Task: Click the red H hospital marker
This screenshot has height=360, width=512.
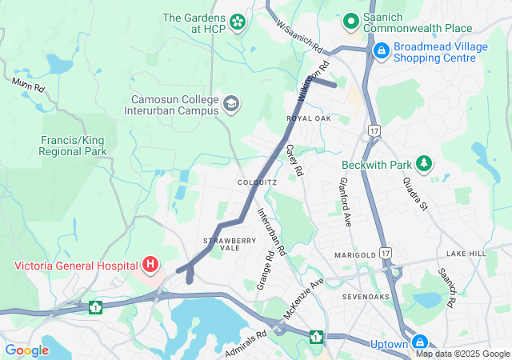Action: pyautogui.click(x=150, y=264)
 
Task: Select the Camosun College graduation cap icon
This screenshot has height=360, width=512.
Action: pyautogui.click(x=231, y=104)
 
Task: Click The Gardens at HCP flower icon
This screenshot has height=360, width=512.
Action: pyautogui.click(x=238, y=22)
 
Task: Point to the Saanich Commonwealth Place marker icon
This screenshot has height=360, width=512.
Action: pyautogui.click(x=350, y=21)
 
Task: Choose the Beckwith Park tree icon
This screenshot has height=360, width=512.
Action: pyautogui.click(x=424, y=165)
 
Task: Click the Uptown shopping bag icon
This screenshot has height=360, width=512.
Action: pyautogui.click(x=422, y=342)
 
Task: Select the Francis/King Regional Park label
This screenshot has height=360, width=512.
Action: pyautogui.click(x=74, y=145)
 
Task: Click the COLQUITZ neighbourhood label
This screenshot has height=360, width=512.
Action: pyautogui.click(x=257, y=182)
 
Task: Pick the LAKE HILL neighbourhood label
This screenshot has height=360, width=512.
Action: pyautogui.click(x=466, y=254)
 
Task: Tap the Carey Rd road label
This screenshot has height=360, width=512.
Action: pyautogui.click(x=295, y=160)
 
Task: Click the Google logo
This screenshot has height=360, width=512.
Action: pyautogui.click(x=27, y=350)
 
